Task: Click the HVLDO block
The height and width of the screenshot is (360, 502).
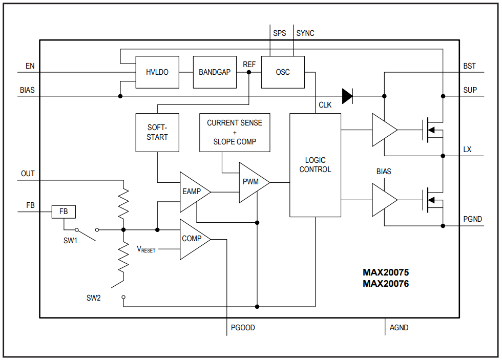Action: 157,72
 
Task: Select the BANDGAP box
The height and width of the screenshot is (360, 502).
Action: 215,72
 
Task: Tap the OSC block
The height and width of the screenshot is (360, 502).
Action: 283,72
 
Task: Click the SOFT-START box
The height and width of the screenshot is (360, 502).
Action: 157,133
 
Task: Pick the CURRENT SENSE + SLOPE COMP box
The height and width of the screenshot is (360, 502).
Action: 235,133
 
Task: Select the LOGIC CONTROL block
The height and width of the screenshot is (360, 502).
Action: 315,165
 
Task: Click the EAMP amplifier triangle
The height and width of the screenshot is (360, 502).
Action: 192,192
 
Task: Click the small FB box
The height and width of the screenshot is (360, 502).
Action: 64,211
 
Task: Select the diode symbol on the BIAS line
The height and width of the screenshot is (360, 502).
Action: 348,96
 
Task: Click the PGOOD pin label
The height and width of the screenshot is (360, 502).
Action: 243,328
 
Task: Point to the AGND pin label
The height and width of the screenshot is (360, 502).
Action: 399,328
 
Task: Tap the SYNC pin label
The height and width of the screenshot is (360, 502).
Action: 305,33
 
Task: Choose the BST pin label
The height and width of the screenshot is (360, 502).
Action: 469,66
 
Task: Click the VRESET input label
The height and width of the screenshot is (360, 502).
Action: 146,249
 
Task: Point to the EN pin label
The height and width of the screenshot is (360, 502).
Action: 30,66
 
